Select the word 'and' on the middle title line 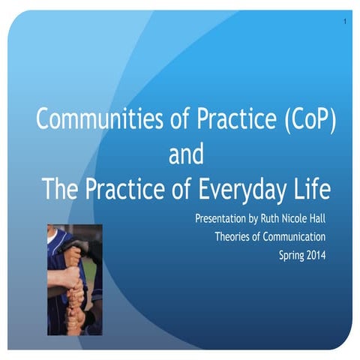(x=187, y=156)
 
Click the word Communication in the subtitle (x=298, y=238)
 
